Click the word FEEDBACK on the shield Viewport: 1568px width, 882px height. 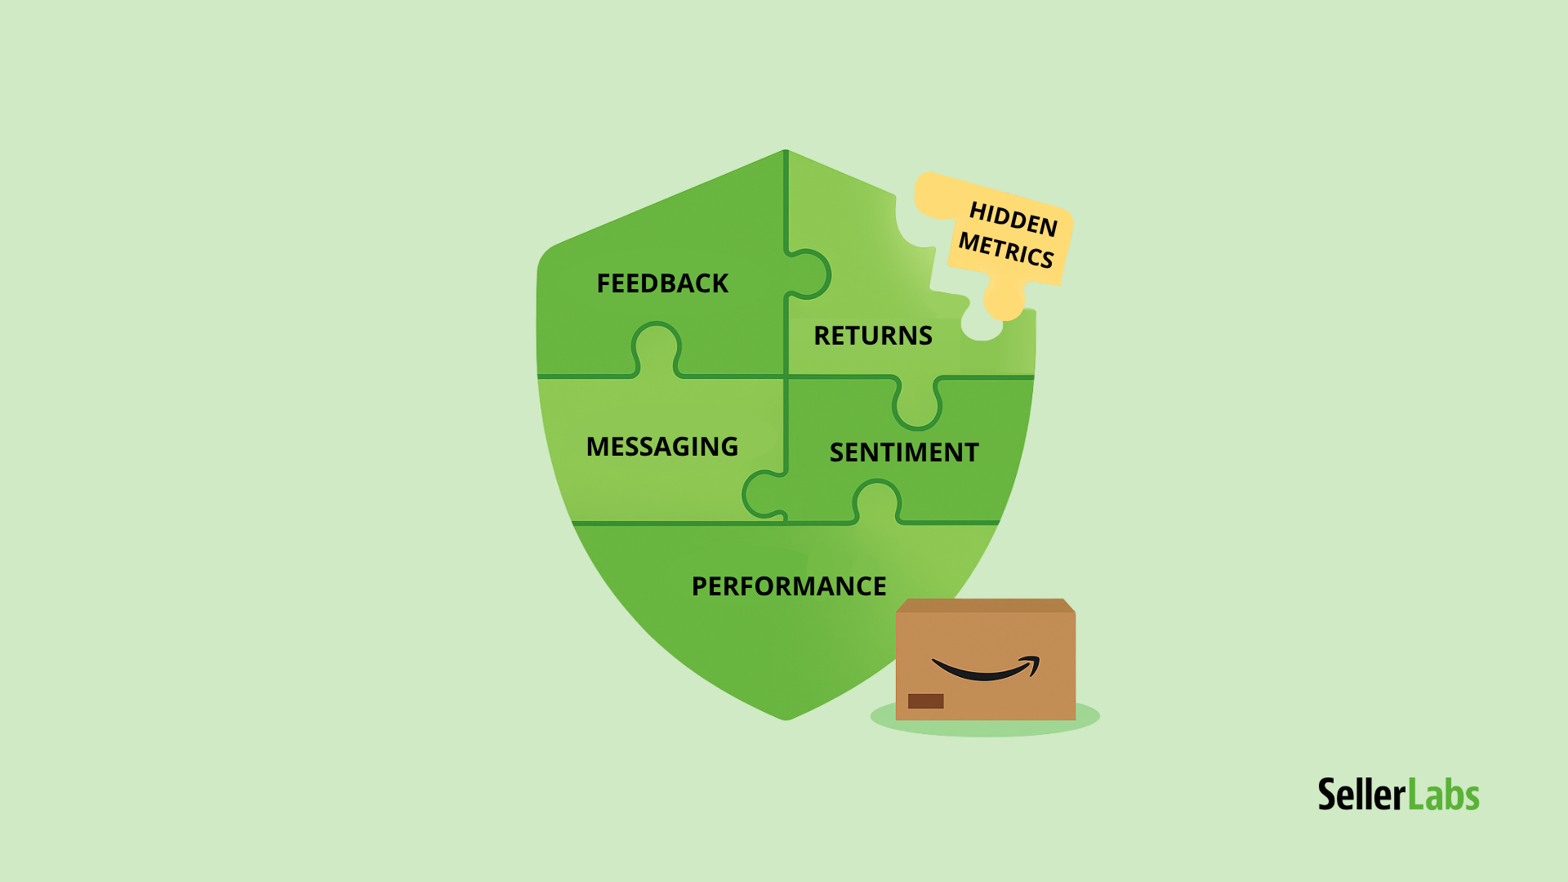pos(662,283)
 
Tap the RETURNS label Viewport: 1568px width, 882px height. pos(873,336)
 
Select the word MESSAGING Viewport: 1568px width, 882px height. pos(662,447)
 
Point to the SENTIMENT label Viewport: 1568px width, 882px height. pos(904,452)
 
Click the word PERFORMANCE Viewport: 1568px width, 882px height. pos(789,586)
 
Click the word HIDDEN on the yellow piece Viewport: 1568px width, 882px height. pos(1013,219)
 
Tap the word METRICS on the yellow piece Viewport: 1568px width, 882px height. pos(1006,250)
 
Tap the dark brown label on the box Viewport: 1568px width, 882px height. pos(925,701)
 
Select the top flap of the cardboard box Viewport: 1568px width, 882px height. pos(985,605)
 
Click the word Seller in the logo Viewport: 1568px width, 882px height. pos(1361,795)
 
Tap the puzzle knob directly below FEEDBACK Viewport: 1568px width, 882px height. pos(656,346)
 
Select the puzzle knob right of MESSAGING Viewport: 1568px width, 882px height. pos(763,494)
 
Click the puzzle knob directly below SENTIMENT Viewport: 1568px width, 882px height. pos(877,500)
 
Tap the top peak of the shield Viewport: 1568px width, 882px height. pos(786,152)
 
